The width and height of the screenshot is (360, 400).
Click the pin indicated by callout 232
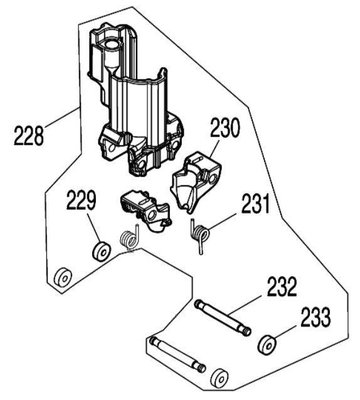(223, 317)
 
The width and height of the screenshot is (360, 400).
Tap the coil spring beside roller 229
(128, 240)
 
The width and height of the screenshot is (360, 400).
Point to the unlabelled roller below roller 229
(63, 277)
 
